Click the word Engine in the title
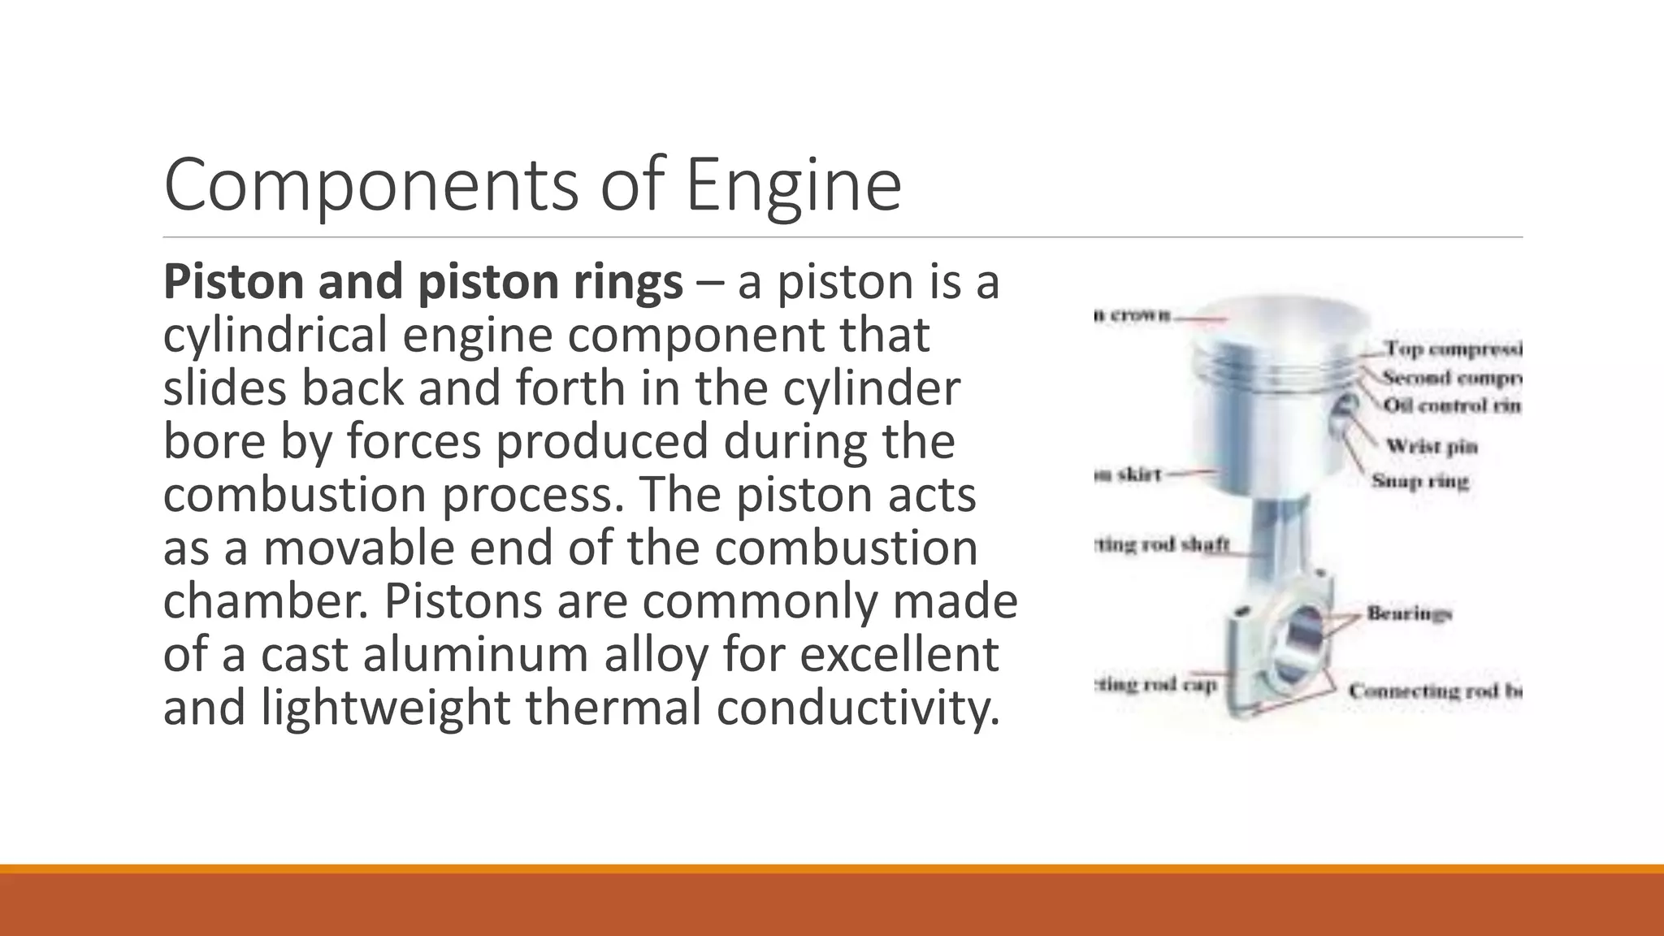(793, 186)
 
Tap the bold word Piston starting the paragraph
(232, 282)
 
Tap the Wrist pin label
(1431, 446)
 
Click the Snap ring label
(1419, 481)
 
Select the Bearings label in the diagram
(1409, 613)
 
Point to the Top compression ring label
(1453, 349)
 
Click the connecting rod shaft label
(1162, 544)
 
